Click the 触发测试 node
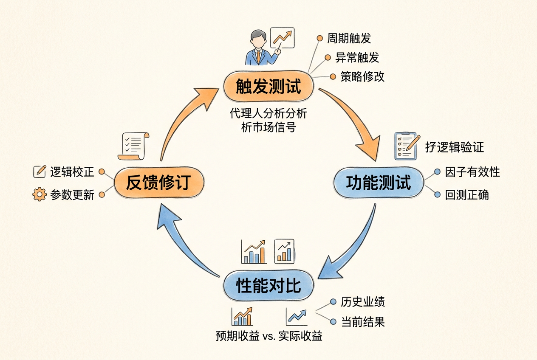click(x=268, y=86)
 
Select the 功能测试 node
click(x=379, y=183)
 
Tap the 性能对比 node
click(x=268, y=285)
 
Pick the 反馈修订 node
click(x=159, y=183)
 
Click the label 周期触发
click(x=349, y=38)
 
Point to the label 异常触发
click(x=357, y=57)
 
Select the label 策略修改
click(x=362, y=77)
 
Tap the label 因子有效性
click(x=472, y=172)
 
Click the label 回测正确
click(x=467, y=195)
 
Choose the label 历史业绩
click(x=363, y=302)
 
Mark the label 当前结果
click(x=363, y=322)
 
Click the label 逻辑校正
click(x=72, y=172)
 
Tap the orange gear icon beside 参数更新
click(x=40, y=194)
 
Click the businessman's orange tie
click(x=258, y=56)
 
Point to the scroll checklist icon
click(x=133, y=146)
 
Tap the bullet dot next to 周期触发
click(x=319, y=38)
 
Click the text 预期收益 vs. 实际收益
click(x=269, y=336)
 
